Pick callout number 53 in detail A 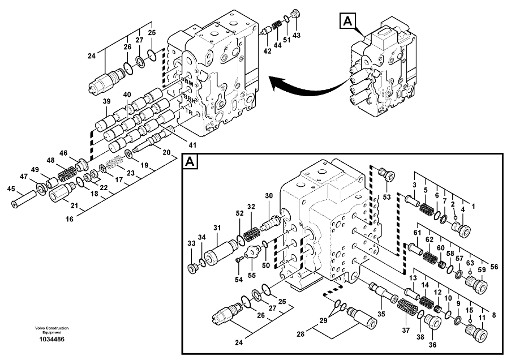[x=387, y=197]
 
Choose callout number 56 [x=494, y=267]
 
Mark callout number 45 [x=11, y=189]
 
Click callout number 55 [x=252, y=276]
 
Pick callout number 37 [x=405, y=330]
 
